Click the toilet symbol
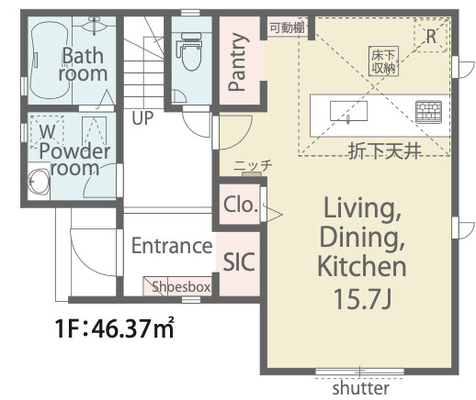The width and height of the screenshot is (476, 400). click(189, 50)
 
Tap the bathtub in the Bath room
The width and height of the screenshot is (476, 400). click(49, 60)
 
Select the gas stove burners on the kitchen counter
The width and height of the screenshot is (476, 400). click(428, 112)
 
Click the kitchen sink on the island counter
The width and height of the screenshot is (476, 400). click(348, 111)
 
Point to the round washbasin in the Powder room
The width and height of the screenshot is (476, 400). click(39, 182)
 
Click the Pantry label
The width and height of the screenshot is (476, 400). click(237, 62)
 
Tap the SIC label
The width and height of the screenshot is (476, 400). click(239, 261)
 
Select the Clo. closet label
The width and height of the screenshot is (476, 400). click(240, 205)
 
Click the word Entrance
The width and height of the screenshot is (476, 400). click(172, 246)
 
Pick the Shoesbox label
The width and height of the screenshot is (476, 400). click(181, 287)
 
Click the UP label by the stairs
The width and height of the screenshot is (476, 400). click(142, 118)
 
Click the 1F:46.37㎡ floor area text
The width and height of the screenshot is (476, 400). click(115, 328)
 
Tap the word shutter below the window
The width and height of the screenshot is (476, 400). click(360, 388)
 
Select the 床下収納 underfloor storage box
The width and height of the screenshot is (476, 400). click(383, 61)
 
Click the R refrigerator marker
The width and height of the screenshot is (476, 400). click(431, 37)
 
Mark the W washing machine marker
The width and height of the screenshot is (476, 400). click(47, 131)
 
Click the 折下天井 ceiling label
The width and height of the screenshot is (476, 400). click(384, 151)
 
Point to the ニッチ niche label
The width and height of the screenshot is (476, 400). click(253, 166)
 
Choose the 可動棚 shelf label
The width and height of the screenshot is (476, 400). click(287, 28)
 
